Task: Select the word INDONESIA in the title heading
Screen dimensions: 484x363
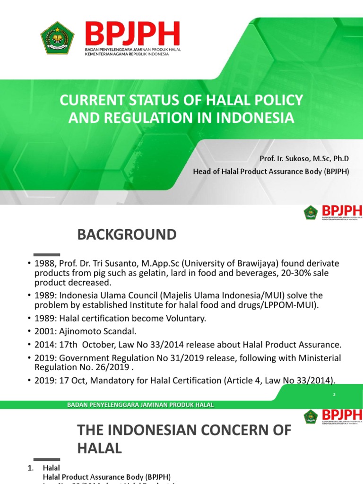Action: click(x=255, y=118)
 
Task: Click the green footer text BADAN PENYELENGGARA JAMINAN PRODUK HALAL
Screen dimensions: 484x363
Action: click(x=140, y=405)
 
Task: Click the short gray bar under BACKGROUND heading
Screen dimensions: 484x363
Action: click(x=47, y=254)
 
